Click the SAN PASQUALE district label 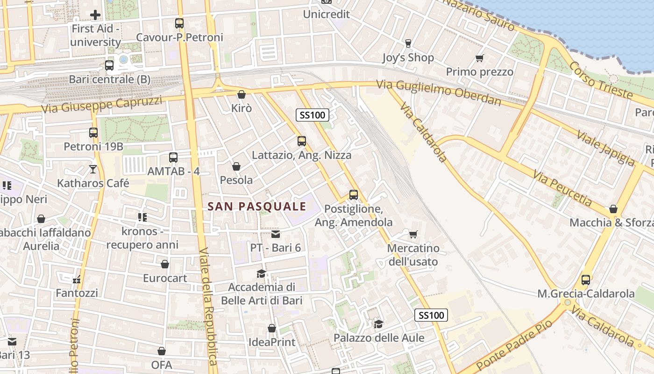click(x=256, y=206)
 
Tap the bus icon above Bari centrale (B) click(x=109, y=65)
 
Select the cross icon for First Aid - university click(x=95, y=15)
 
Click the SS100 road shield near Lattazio click(x=313, y=115)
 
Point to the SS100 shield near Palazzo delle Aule click(x=431, y=315)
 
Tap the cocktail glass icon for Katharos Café click(x=93, y=169)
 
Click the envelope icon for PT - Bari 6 click(x=276, y=234)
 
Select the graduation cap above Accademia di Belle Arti click(x=261, y=273)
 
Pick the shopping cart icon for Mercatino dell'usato click(x=413, y=234)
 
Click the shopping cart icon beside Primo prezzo click(x=479, y=58)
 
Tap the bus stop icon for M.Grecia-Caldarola click(x=586, y=280)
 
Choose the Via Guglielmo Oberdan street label click(x=439, y=93)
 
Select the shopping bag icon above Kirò click(x=242, y=94)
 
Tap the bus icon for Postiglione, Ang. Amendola click(x=354, y=195)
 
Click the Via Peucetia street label click(x=563, y=188)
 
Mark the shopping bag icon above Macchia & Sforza click(x=613, y=209)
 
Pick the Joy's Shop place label click(x=408, y=58)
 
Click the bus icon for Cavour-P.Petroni click(x=179, y=23)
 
